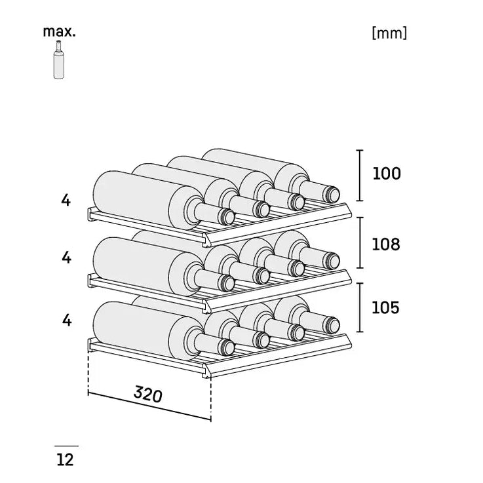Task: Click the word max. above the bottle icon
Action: [x=59, y=31]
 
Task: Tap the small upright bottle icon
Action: [x=58, y=60]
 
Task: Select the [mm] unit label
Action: [x=389, y=33]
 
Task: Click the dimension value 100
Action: [x=387, y=174]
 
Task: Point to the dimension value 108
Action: [x=386, y=244]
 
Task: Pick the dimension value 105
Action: [x=385, y=307]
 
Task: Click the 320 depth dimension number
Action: [x=148, y=395]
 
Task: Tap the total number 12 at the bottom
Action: [x=65, y=460]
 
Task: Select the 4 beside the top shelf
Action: [x=66, y=201]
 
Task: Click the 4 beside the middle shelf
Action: [x=66, y=258]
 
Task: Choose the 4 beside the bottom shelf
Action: [x=67, y=320]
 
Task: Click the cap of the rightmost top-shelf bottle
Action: [x=332, y=195]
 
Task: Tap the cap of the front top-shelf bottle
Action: [x=226, y=216]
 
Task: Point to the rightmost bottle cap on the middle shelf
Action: [x=332, y=261]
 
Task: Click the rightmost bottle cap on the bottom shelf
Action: [x=332, y=325]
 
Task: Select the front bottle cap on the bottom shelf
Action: [x=226, y=347]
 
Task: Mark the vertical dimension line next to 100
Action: [x=360, y=175]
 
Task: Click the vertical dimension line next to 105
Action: [x=360, y=307]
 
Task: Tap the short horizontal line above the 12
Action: [x=67, y=446]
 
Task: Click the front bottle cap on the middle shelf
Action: [x=226, y=282]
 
